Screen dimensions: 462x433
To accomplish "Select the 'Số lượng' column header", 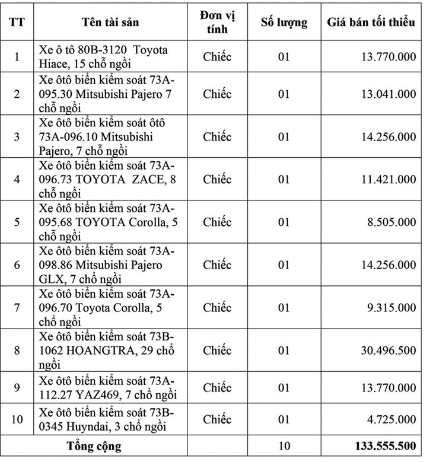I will [284, 23].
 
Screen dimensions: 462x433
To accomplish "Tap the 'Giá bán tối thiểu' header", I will [371, 23].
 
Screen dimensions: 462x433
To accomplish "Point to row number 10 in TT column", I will [17, 419].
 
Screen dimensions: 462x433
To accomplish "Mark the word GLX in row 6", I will [50, 279].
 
